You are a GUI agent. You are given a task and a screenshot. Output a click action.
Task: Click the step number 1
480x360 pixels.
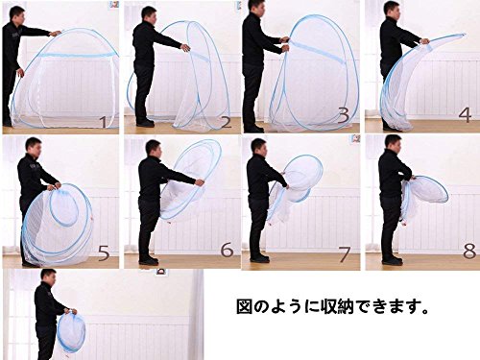point(104,122)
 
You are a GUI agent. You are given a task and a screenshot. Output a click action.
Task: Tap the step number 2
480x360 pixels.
point(226,122)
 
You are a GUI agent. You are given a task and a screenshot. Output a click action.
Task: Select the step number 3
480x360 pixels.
point(344,115)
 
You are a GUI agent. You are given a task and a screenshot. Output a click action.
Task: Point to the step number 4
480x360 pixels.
point(465,115)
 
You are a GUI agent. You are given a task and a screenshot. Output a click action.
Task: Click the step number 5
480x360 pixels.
point(104,253)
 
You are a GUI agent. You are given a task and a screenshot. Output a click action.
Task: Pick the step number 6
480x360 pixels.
point(227,250)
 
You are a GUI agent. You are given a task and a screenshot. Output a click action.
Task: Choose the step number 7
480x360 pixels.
point(344,255)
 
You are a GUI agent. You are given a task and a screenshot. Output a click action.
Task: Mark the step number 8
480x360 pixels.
point(469,252)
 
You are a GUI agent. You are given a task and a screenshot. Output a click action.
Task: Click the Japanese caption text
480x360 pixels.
point(332,307)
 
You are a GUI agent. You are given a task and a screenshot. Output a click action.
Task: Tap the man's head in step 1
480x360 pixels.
point(16,14)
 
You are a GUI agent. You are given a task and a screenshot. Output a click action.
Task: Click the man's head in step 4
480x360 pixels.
point(393,10)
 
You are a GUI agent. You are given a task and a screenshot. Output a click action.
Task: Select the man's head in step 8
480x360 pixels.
point(394,144)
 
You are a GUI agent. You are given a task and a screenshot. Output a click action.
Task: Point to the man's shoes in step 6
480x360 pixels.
point(149,260)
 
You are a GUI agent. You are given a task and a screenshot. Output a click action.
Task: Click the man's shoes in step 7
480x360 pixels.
point(259,258)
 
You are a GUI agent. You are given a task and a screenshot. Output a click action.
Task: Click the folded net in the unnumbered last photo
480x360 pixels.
point(72,333)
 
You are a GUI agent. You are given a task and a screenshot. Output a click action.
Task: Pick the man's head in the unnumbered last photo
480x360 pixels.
point(48,277)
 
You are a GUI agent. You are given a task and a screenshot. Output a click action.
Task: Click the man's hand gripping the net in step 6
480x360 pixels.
point(200,182)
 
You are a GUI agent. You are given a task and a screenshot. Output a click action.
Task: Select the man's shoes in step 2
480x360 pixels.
point(145,123)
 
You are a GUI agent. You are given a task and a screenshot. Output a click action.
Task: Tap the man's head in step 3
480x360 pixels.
point(255,9)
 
